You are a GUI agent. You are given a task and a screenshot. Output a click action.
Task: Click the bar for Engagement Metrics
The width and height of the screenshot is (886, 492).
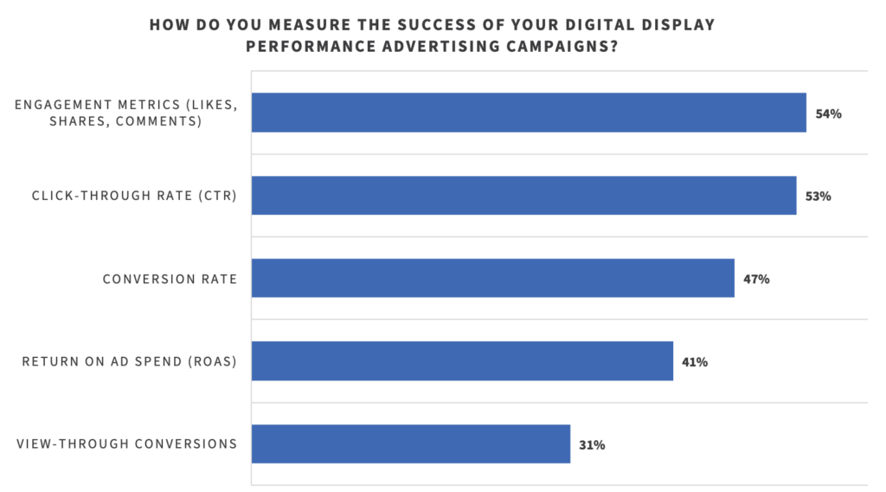click(x=529, y=113)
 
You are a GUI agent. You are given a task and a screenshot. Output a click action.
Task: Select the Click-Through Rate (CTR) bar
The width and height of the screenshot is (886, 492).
click(x=523, y=196)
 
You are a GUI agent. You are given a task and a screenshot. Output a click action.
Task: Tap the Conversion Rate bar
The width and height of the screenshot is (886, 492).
click(x=493, y=278)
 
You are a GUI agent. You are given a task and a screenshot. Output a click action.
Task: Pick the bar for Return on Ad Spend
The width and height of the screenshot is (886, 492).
click(x=462, y=361)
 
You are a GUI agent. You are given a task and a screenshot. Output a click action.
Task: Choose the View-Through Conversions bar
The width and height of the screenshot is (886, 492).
click(x=411, y=443)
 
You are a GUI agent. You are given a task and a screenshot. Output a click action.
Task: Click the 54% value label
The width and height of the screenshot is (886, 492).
click(x=828, y=113)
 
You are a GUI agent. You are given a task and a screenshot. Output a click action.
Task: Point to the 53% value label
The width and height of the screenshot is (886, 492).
click(x=818, y=197)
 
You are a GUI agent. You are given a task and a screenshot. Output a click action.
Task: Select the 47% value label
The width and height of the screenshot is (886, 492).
click(x=756, y=279)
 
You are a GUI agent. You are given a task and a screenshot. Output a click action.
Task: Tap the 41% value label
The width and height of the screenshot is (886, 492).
click(x=695, y=362)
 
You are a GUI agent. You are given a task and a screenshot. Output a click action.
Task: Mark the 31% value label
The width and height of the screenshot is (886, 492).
click(x=592, y=445)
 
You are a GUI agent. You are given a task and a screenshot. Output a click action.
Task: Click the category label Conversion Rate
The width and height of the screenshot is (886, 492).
click(x=170, y=279)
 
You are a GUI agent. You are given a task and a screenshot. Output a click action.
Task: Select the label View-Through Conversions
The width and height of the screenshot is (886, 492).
click(x=127, y=444)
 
